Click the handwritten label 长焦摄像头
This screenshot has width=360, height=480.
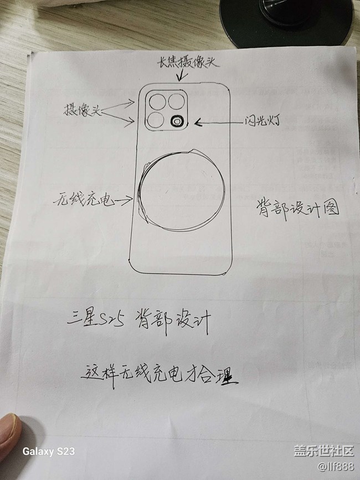(188, 63)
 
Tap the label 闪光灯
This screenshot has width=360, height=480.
(262, 121)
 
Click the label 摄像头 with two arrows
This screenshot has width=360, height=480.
(82, 110)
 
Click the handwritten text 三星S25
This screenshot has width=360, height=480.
(95, 320)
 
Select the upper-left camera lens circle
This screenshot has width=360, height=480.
(157, 102)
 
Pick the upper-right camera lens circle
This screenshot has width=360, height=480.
(177, 101)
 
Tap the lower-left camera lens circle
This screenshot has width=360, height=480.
(155, 120)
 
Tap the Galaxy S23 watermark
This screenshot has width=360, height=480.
(48, 451)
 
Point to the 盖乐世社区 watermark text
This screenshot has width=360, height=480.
(323, 451)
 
